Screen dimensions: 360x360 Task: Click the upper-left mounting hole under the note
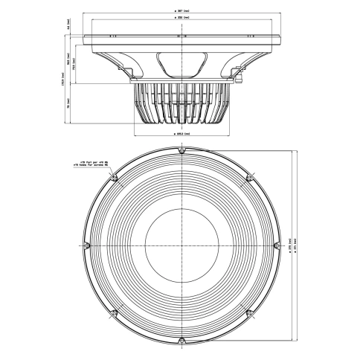(114, 179)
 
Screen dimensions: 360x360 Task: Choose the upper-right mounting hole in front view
(248, 179)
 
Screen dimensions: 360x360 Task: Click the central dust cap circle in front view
(181, 245)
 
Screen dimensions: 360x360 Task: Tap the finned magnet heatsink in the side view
(181, 104)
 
